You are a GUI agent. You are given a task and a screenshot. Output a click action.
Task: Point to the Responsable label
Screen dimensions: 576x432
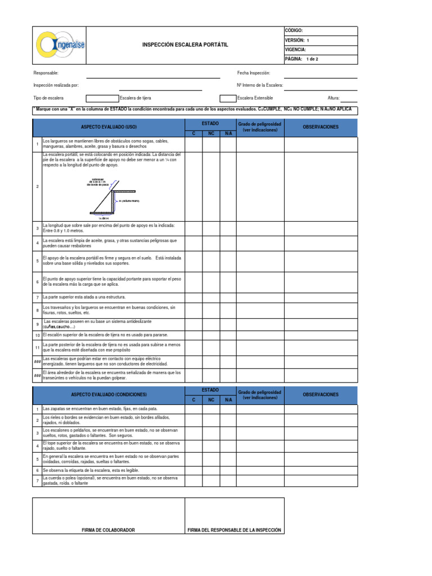pos(46,73)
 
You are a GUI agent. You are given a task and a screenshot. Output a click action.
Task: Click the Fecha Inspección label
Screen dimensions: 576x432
pos(254,73)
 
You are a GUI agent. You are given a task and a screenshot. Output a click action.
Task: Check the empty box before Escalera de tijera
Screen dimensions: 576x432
pos(101,98)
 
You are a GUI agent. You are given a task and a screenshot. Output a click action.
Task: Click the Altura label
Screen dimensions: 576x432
pos(334,98)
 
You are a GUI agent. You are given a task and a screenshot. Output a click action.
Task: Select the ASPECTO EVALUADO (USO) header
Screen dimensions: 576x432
pos(109,127)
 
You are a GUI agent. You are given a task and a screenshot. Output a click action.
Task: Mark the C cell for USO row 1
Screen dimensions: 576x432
pos(193,144)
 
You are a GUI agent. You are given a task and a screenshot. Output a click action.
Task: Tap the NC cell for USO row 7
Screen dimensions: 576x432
pos(211,296)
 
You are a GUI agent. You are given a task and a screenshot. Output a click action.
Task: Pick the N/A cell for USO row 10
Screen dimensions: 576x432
pos(228,335)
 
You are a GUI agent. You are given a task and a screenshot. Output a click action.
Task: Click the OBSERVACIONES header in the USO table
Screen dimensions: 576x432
pos(321,127)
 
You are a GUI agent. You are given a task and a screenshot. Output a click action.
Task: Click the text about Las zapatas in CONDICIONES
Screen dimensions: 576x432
pos(100,408)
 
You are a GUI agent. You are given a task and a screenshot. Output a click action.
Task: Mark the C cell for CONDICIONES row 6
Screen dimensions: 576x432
pos(193,470)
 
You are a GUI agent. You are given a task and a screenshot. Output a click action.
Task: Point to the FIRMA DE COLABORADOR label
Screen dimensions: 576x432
pos(109,530)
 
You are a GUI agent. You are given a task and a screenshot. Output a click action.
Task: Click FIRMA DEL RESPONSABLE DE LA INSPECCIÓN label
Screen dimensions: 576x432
pos(235,530)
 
